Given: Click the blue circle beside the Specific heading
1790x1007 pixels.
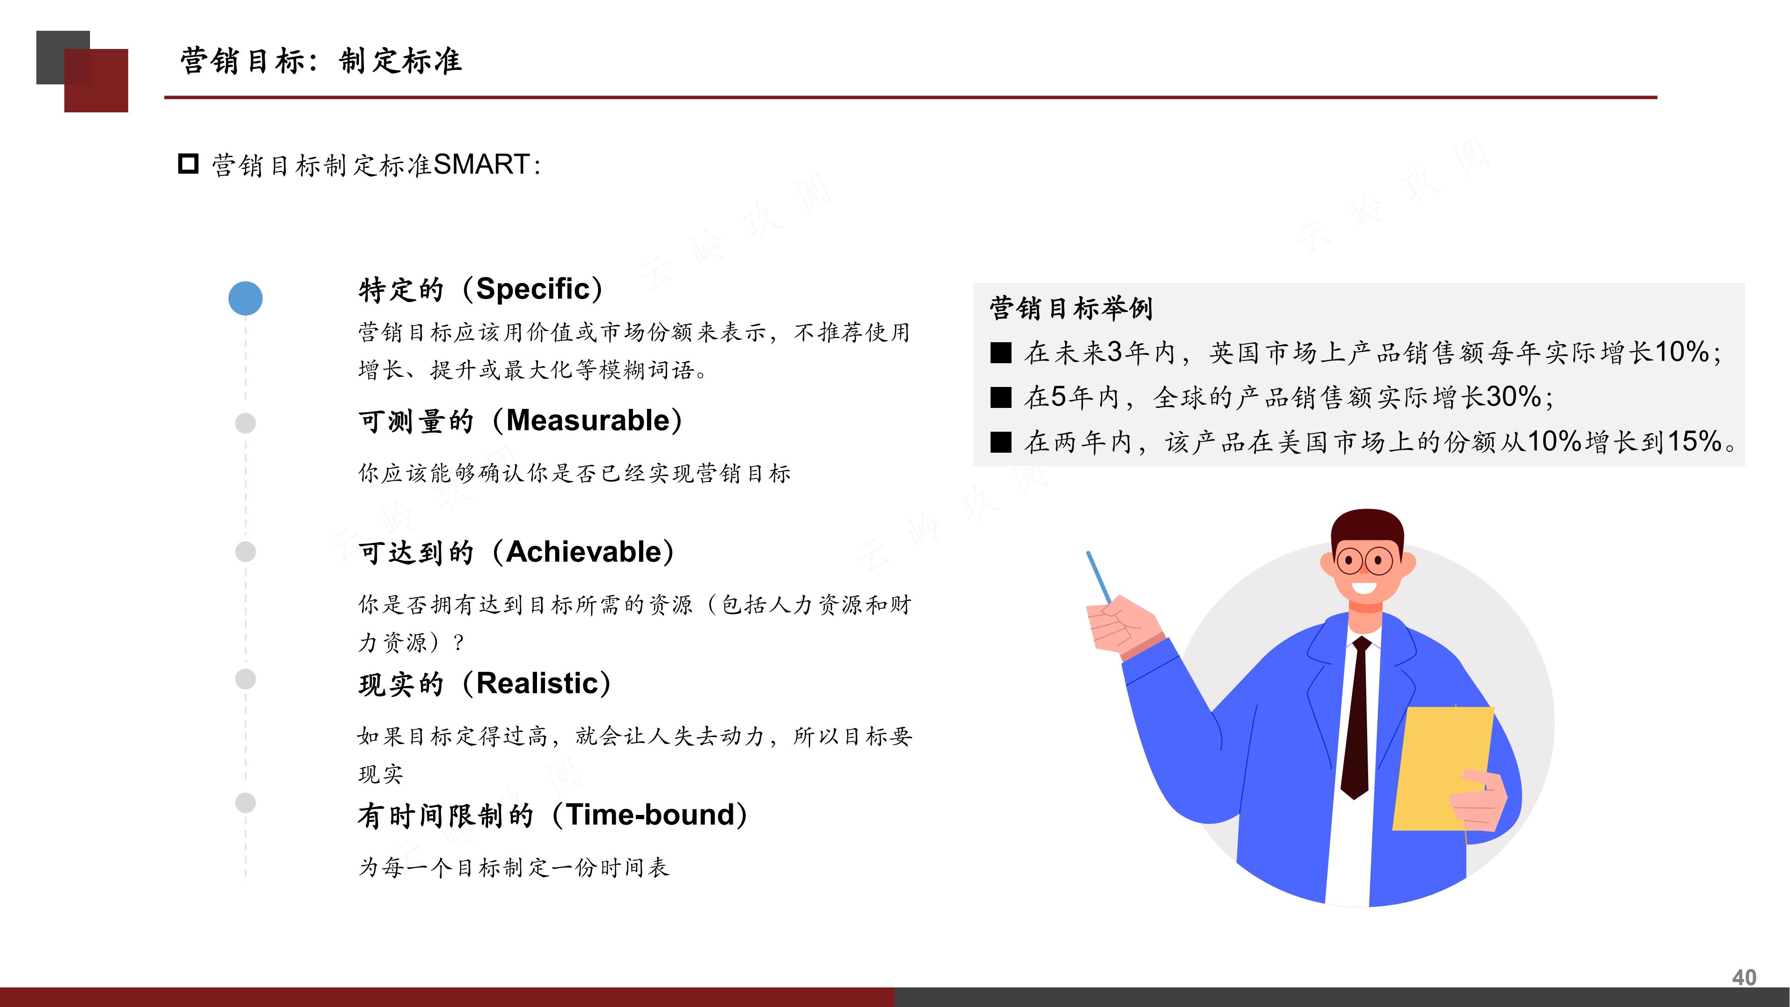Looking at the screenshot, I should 245,298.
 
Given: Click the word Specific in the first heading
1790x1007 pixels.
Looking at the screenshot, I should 533,289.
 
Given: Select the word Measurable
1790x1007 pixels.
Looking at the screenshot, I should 587,421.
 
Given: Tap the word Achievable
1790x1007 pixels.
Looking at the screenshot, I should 584,552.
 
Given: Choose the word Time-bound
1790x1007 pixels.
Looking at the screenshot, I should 650,815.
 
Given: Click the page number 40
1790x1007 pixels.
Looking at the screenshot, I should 1743,977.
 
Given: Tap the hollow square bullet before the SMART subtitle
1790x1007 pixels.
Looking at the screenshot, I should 188,164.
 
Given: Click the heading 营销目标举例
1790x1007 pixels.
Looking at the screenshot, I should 1071,308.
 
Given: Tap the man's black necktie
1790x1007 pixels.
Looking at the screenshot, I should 1357,723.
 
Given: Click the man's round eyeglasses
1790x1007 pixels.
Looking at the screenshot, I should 1364,560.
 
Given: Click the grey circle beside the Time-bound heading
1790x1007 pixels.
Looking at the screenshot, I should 245,803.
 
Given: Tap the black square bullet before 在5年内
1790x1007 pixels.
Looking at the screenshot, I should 1001,398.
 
